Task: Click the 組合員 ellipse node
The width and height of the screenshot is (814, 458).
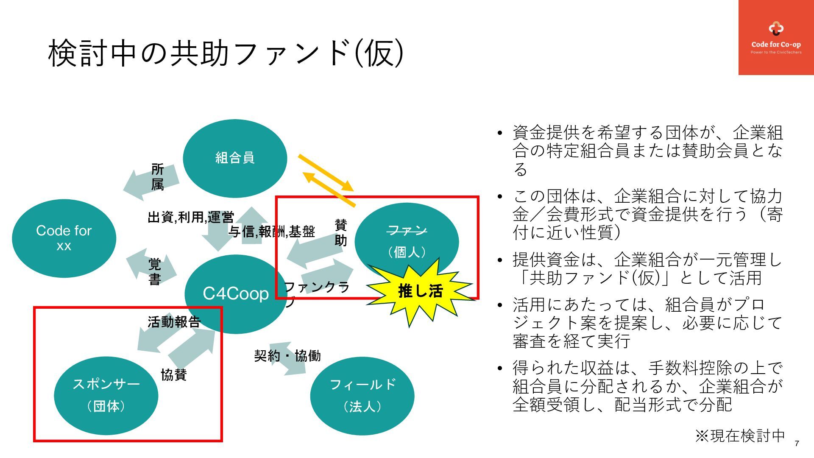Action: pyautogui.click(x=235, y=158)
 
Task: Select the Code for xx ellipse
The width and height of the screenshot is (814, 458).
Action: pyautogui.click(x=64, y=238)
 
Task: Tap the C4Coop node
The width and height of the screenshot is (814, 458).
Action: pyautogui.click(x=236, y=293)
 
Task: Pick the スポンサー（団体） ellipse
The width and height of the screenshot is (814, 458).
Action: pyautogui.click(x=106, y=395)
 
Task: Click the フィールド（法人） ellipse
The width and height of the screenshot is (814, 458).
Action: pyautogui.click(x=362, y=396)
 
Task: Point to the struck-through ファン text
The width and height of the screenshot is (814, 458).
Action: pyautogui.click(x=407, y=231)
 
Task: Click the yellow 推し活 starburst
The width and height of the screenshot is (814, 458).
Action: pyautogui.click(x=420, y=291)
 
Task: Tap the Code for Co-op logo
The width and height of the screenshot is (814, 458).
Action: pyautogui.click(x=776, y=37)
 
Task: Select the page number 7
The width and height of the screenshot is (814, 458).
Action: pyautogui.click(x=797, y=444)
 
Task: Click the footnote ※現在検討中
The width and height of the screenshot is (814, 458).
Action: pyautogui.click(x=740, y=436)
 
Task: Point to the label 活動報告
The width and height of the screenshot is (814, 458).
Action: pyautogui.click(x=174, y=322)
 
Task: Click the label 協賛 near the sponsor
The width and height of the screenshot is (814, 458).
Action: pyautogui.click(x=174, y=375)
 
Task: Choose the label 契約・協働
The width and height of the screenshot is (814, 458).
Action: pyautogui.click(x=287, y=355)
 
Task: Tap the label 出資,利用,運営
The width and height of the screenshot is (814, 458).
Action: pyautogui.click(x=191, y=217)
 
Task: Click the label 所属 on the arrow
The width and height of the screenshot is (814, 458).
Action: pyautogui.click(x=157, y=177)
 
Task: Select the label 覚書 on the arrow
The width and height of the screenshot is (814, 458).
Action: pyautogui.click(x=155, y=271)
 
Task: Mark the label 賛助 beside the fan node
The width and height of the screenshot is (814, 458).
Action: pyautogui.click(x=341, y=232)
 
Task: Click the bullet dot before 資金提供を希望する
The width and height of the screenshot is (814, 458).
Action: pyautogui.click(x=500, y=134)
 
